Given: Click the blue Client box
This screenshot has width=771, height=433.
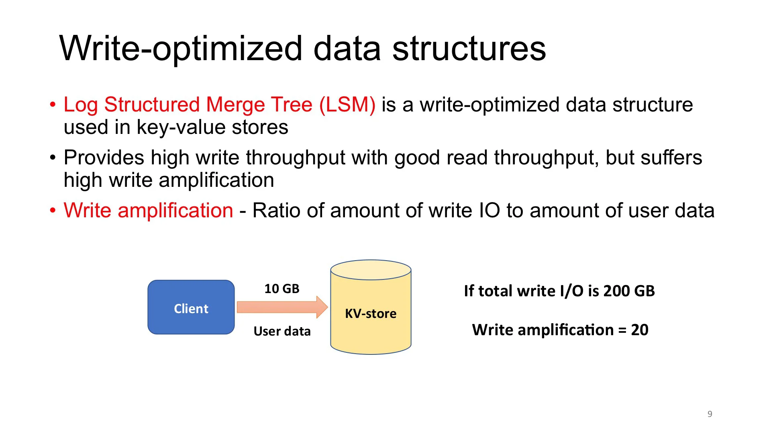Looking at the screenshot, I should tap(191, 307).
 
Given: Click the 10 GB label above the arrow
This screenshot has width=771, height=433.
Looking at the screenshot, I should tap(282, 289).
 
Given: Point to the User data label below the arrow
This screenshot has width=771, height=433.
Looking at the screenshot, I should tap(282, 331).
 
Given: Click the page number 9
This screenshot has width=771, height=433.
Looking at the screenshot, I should tap(710, 414).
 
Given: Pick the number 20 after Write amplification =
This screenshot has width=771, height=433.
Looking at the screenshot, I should tap(639, 330).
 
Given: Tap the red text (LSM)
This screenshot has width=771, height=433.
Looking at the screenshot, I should tap(347, 105).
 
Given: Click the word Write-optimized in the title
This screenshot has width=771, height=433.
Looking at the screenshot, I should tap(181, 49).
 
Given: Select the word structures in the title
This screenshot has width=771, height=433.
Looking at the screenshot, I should tap(469, 49).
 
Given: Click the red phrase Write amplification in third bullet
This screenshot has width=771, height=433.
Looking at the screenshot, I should tap(148, 210).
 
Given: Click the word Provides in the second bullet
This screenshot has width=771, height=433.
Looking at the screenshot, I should tap(104, 158).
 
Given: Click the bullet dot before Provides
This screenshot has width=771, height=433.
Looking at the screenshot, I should tap(53, 158).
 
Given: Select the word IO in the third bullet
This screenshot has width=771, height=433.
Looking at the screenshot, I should tap(490, 210).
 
